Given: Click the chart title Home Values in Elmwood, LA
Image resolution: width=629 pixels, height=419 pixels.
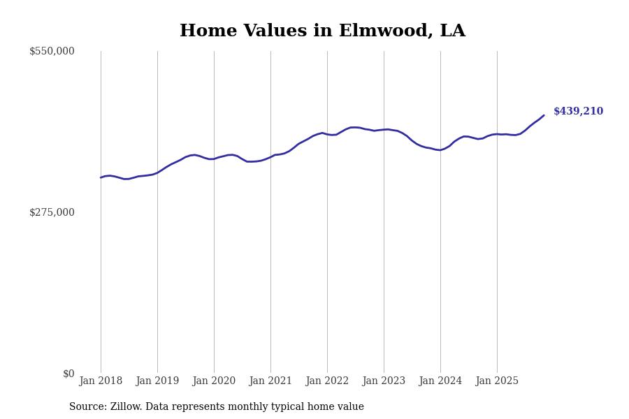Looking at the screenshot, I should pyautogui.click(x=322, y=31).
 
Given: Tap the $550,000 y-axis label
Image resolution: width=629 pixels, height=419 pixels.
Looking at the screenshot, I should pyautogui.click(x=52, y=51).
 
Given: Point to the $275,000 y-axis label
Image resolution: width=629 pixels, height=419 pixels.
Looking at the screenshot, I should pyautogui.click(x=52, y=212).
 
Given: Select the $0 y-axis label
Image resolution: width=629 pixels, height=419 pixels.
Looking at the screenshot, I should pyautogui.click(x=68, y=374).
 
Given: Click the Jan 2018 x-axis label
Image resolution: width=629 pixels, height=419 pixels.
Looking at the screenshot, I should pyautogui.click(x=101, y=381).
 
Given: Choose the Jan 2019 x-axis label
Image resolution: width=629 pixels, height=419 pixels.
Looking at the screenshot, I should pyautogui.click(x=157, y=381).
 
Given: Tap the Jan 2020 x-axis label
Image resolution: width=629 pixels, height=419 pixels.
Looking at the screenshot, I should pyautogui.click(x=214, y=381).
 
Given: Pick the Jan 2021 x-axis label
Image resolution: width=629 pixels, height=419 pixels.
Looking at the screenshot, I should pyautogui.click(x=270, y=381).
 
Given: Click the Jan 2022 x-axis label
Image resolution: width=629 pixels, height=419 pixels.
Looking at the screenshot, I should pyautogui.click(x=327, y=381).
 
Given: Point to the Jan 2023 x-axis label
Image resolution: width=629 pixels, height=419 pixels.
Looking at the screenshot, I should pyautogui.click(x=384, y=381).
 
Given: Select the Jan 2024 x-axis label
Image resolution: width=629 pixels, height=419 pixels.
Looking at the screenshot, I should pyautogui.click(x=440, y=381).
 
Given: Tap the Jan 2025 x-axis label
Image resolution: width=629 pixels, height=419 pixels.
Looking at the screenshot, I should pyautogui.click(x=497, y=381).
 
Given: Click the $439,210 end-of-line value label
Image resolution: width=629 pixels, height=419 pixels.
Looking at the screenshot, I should pyautogui.click(x=578, y=112).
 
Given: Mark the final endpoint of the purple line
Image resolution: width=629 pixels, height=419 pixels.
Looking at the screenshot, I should pyautogui.click(x=544, y=115).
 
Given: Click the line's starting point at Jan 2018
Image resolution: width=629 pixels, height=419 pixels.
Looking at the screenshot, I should pyautogui.click(x=101, y=177).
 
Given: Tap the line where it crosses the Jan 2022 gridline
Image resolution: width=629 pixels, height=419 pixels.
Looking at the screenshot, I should pyautogui.click(x=327, y=134).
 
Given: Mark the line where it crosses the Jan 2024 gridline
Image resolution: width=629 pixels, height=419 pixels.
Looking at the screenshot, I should pyautogui.click(x=440, y=150).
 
